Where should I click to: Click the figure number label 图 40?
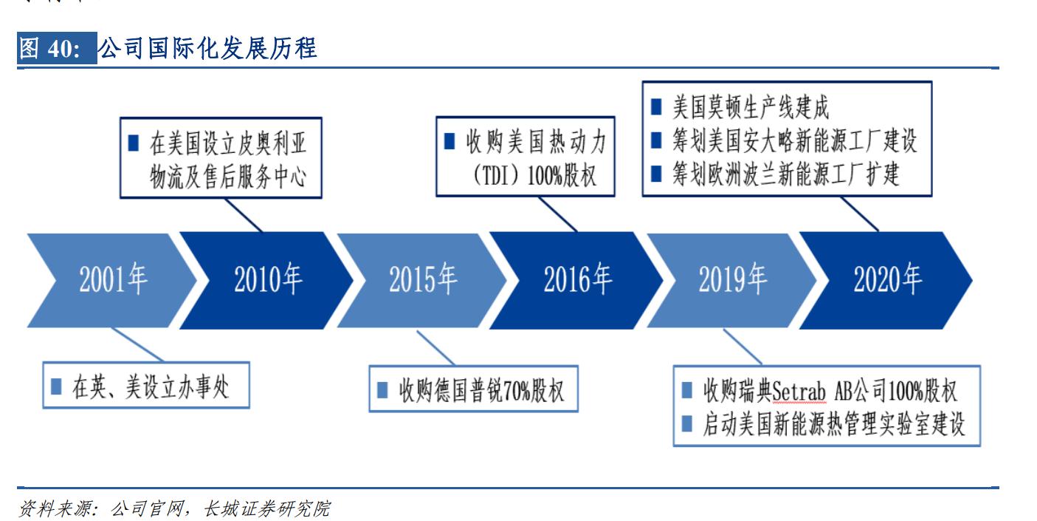pos(55,50)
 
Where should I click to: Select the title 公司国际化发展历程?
pos(207,50)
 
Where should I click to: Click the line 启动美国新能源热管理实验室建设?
pos(833,423)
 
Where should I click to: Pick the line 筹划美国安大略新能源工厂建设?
pos(794,141)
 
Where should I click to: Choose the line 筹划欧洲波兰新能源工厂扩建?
pos(785,174)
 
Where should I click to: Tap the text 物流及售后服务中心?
pos(228,177)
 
